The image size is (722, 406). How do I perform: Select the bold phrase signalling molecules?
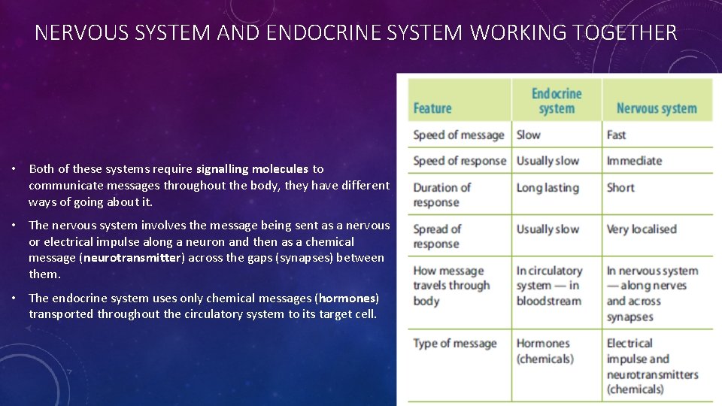pos(252,169)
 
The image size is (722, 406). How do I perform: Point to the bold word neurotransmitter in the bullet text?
pos(132,258)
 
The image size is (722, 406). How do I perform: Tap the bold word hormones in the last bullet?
pos(347,298)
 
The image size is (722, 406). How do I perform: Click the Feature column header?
pos(432,108)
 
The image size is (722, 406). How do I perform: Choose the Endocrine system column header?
pos(557,101)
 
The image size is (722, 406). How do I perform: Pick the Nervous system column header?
pos(657,108)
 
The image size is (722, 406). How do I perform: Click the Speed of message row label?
pos(458,135)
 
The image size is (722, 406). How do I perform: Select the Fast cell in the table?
pos(617,135)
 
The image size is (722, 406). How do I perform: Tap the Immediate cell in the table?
pos(634,161)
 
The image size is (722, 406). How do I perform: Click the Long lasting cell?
pos(548,188)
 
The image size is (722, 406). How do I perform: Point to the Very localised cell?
pos(642,229)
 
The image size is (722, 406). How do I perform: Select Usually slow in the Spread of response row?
pos(548,229)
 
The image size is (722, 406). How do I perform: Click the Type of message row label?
pos(455,344)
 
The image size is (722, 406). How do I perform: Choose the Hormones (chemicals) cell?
pos(545,351)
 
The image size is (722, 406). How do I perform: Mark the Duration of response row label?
pos(441,195)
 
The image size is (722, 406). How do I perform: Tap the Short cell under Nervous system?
pos(620,188)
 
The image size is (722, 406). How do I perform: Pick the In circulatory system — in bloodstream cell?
pos(549,286)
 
